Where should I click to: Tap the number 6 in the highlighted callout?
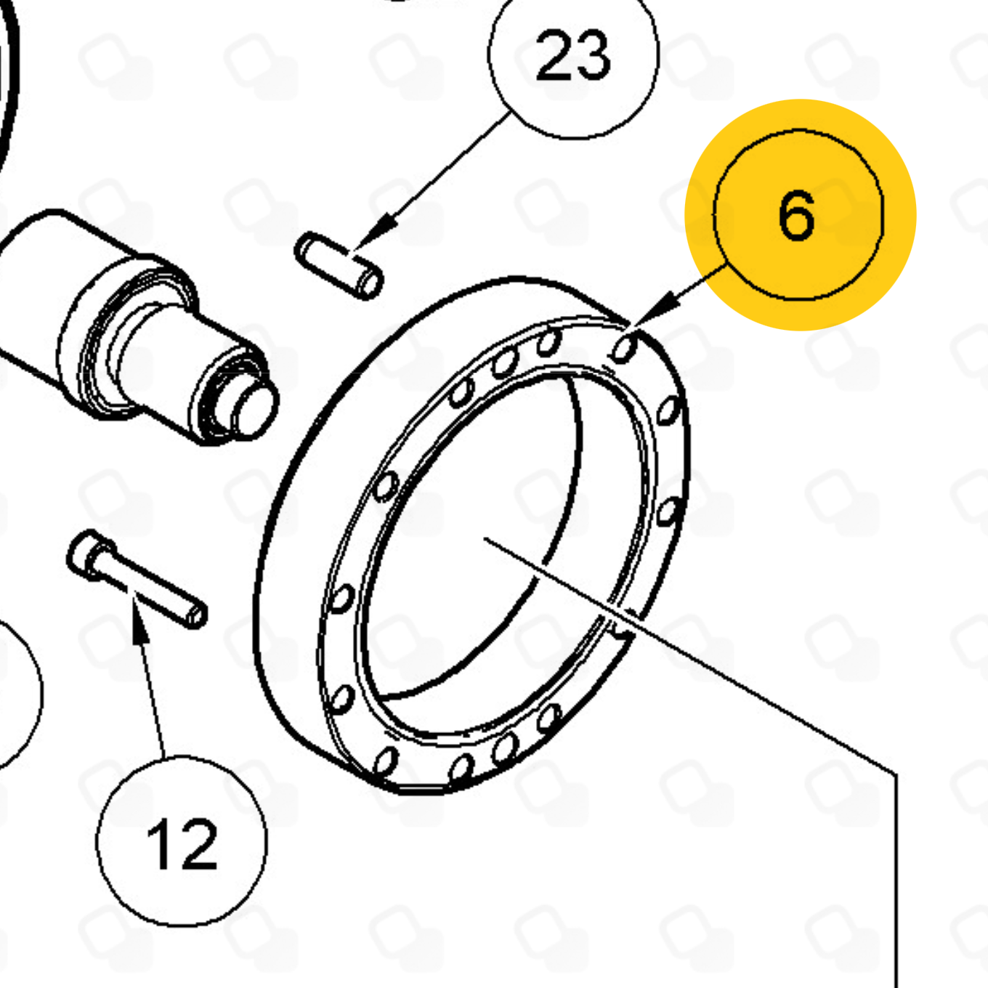[x=796, y=215]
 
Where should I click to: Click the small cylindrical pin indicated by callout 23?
[x=339, y=265]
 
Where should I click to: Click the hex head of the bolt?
[x=90, y=555]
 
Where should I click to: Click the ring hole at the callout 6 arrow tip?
[x=625, y=349]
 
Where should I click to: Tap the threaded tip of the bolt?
[x=196, y=615]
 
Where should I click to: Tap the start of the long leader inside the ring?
[x=485, y=538]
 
